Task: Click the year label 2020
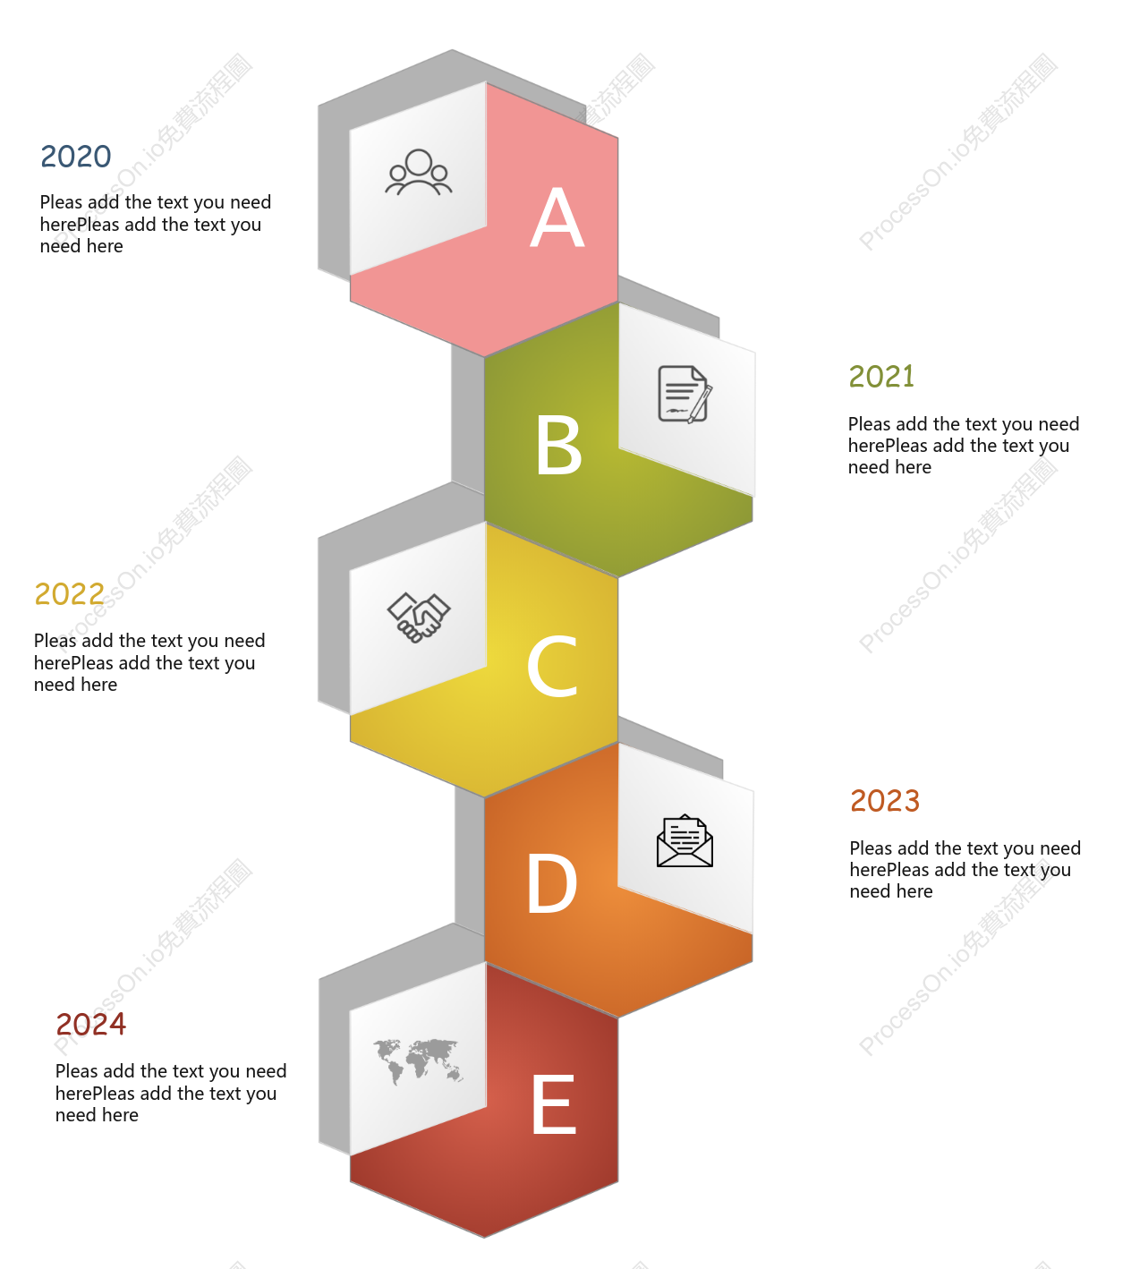coord(76,156)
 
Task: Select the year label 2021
coord(881,377)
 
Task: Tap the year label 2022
coord(70,594)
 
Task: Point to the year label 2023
coord(885,800)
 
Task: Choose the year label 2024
coord(90,1024)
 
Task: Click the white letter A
coord(557,217)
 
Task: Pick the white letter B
coord(558,445)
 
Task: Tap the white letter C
coord(552,665)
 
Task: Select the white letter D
coord(552,884)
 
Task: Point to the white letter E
coord(554,1103)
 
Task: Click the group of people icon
coord(419,172)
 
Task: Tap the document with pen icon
coord(685,395)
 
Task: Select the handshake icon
coord(419,617)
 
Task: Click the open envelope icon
coord(685,840)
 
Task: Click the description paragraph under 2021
coord(963,446)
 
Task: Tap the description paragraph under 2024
coord(170,1093)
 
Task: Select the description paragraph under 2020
coord(156,225)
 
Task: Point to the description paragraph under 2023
coord(965,869)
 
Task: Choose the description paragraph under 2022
coord(149,662)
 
